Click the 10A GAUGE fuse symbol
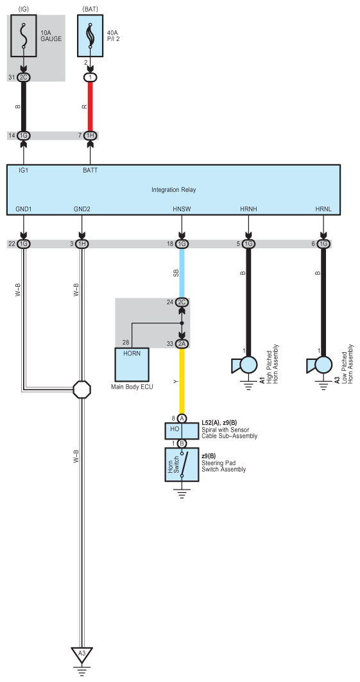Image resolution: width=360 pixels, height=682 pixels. click(x=24, y=36)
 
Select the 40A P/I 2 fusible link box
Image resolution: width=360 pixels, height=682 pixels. click(x=90, y=36)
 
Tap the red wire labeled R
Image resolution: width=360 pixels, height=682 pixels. click(x=90, y=107)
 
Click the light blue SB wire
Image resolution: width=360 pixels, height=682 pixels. click(x=182, y=273)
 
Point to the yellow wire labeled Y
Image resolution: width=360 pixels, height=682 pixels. click(x=182, y=381)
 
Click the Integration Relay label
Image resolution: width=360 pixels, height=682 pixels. click(x=173, y=190)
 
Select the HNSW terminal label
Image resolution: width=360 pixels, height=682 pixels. click(x=182, y=209)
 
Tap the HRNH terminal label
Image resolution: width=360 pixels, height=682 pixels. click(x=248, y=209)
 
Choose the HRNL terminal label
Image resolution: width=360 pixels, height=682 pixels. click(x=323, y=209)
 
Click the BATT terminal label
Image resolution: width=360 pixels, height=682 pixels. click(x=90, y=170)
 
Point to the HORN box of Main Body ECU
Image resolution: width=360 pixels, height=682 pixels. click(x=132, y=364)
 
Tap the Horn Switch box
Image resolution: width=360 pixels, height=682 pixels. click(x=182, y=465)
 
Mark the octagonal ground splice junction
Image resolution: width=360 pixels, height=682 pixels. click(x=81, y=389)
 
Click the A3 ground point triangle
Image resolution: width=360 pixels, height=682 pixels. click(x=81, y=654)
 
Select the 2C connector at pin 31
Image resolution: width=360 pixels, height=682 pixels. click(x=24, y=78)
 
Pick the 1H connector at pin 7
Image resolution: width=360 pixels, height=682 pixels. click(x=90, y=136)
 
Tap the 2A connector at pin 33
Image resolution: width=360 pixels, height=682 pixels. click(x=182, y=344)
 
